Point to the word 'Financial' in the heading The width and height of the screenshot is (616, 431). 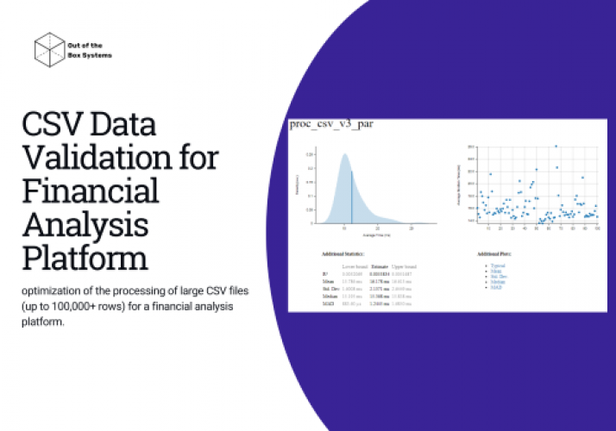coord(91,191)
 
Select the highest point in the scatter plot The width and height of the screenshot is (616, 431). coord(555,147)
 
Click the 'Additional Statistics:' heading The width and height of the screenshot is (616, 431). coord(343,254)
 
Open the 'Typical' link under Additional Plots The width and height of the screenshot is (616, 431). coord(498,265)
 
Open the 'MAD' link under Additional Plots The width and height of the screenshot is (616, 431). coord(496,286)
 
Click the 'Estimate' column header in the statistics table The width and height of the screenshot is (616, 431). coord(380,268)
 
